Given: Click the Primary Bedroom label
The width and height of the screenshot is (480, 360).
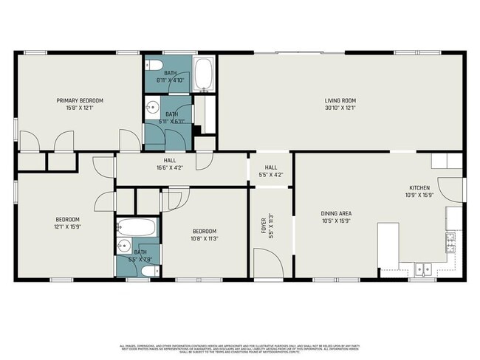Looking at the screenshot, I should pos(80,100).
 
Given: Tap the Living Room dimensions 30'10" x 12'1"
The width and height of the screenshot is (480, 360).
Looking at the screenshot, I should pos(340,108).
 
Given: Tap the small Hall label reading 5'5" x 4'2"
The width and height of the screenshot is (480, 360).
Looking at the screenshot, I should pos(271,167).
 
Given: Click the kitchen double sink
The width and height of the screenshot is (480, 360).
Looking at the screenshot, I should pos(423,270).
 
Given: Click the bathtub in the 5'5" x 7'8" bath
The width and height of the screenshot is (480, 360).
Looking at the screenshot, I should pos(137,226).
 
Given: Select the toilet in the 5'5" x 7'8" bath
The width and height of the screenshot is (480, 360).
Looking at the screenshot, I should pos(148,271).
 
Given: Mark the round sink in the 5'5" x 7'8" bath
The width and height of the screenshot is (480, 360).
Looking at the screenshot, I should pos(124,246).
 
